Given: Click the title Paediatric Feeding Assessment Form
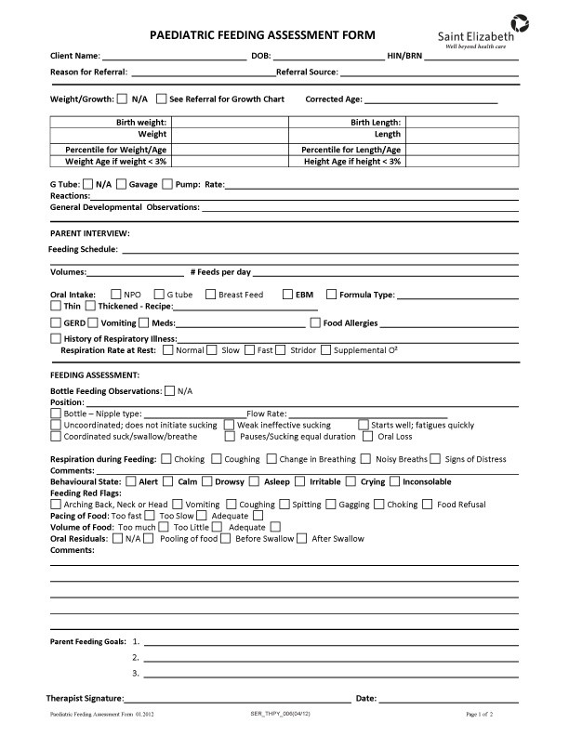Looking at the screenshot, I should (x=262, y=35).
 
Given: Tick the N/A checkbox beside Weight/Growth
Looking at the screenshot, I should (x=122, y=99).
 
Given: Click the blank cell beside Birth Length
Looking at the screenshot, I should (x=461, y=122).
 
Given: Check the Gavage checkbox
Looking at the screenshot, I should (x=122, y=184).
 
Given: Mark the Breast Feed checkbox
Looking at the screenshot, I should (x=210, y=295).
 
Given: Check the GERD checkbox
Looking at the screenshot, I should (x=56, y=322).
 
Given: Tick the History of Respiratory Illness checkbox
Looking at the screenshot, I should (x=56, y=339).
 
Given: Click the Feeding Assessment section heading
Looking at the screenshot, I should (x=95, y=374).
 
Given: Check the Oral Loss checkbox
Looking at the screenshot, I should (x=368, y=436).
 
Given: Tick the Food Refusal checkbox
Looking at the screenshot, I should (x=428, y=505).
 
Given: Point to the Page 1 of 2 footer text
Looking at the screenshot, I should (x=479, y=714).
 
